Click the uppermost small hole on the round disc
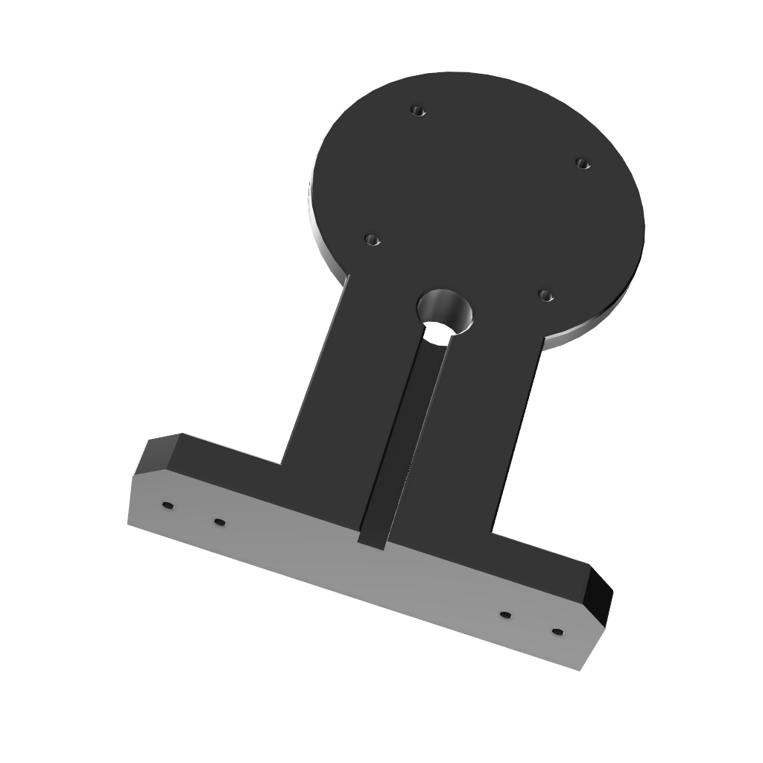pyautogui.click(x=418, y=111)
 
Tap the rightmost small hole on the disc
pyautogui.click(x=583, y=163)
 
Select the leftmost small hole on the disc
pyautogui.click(x=372, y=240)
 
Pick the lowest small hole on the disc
pyautogui.click(x=545, y=296)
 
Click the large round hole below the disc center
pyautogui.click(x=445, y=313)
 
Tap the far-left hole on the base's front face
pyautogui.click(x=168, y=505)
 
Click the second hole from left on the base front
pyautogui.click(x=219, y=522)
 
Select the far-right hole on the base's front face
pyautogui.click(x=557, y=633)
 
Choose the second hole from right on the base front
pyautogui.click(x=505, y=615)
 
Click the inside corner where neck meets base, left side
pyautogui.click(x=282, y=463)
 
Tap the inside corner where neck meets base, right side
pyautogui.click(x=492, y=532)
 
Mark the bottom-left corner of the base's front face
pyautogui.click(x=128, y=524)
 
